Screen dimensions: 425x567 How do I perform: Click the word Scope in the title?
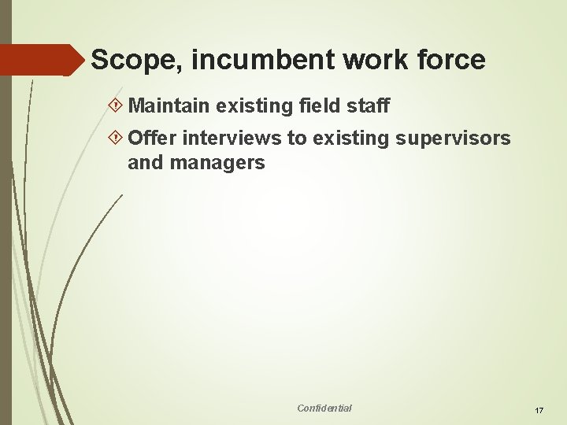[x=127, y=60]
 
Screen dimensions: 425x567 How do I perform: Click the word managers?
[x=217, y=164]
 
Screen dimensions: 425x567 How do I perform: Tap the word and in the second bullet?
[x=144, y=164]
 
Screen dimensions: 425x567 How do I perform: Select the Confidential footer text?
[x=324, y=408]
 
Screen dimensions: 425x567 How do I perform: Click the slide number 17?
[x=539, y=411]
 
